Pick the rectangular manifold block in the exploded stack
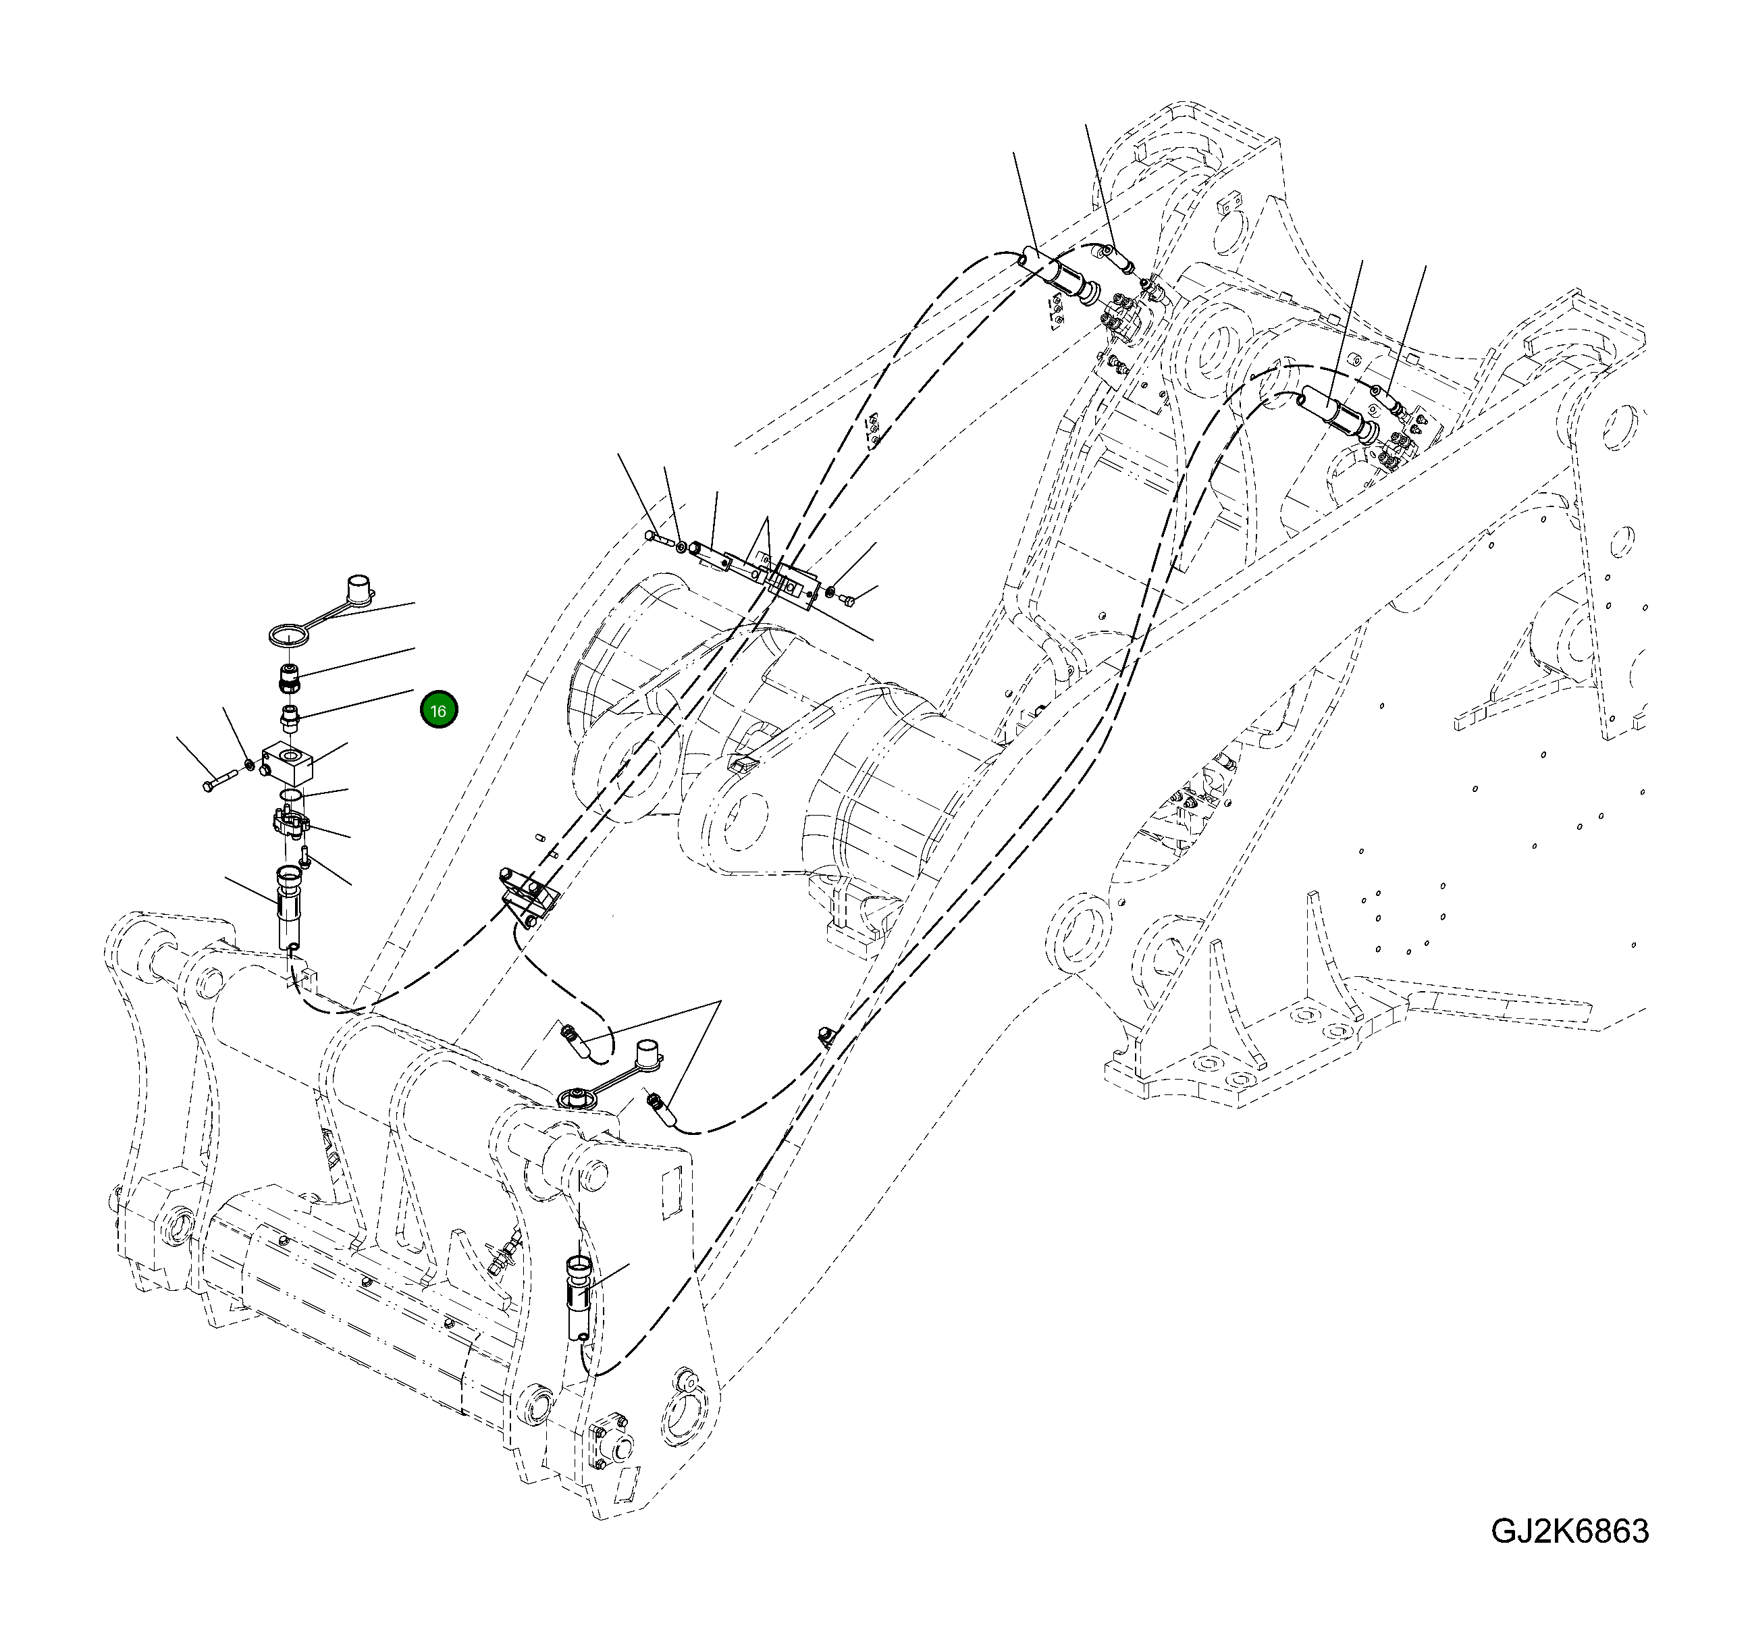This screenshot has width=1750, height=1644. point(289,762)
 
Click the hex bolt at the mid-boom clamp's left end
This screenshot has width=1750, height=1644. point(654,537)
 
